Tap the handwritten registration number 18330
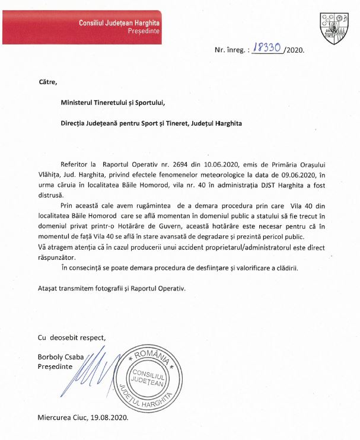click(267, 49)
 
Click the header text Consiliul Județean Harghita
click(119, 22)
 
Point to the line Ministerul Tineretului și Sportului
click(113, 102)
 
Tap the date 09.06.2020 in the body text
click(292, 174)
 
